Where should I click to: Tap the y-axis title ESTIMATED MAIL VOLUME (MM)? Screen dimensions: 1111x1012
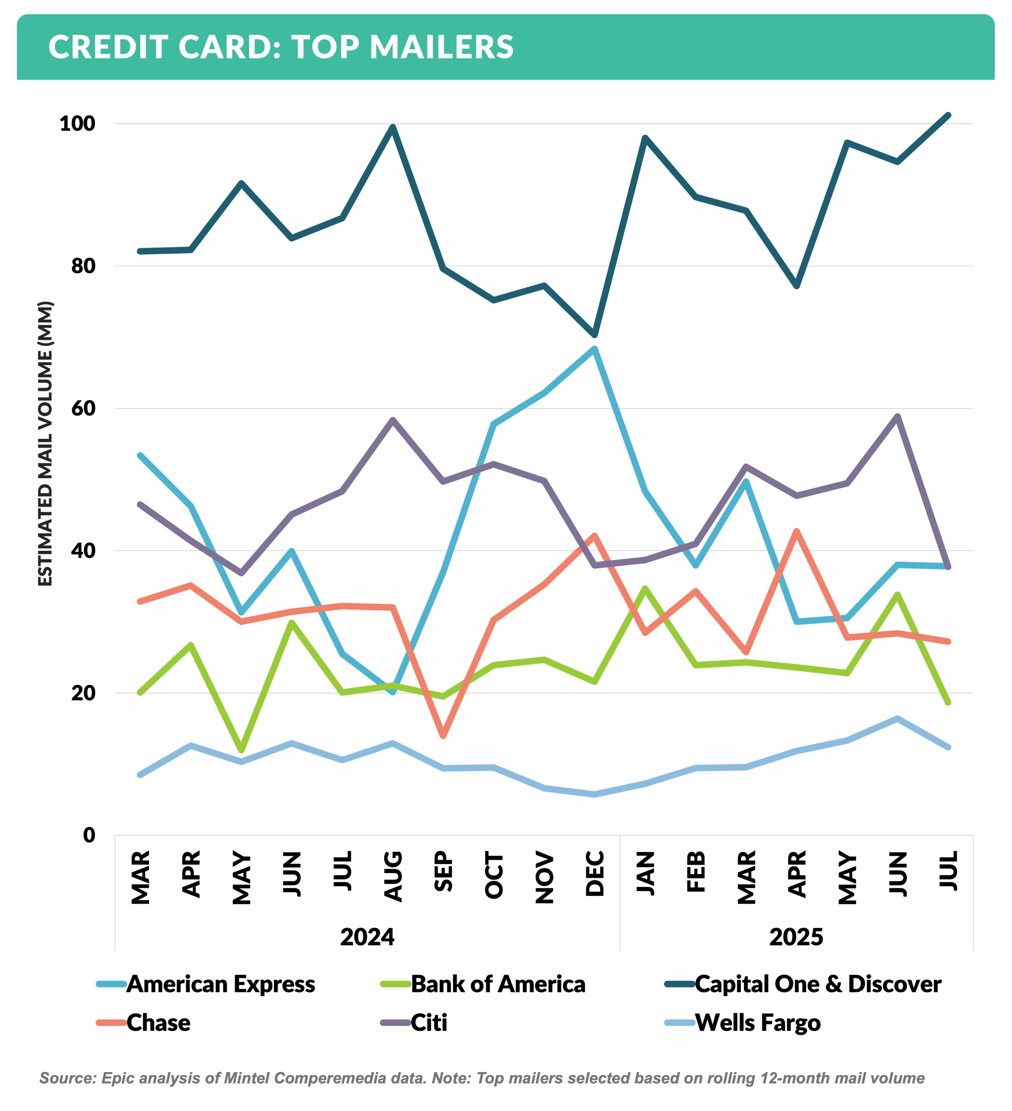click(x=45, y=444)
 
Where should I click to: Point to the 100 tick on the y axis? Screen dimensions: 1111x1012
click(x=77, y=123)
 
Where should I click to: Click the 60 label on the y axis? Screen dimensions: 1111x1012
click(x=83, y=408)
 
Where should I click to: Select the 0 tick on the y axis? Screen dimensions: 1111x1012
click(x=89, y=835)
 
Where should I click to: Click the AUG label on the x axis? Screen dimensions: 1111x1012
click(x=393, y=877)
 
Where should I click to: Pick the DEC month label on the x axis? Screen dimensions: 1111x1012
click(x=595, y=874)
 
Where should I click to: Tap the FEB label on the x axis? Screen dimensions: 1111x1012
click(x=696, y=872)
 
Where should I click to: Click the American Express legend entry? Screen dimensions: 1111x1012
click(x=221, y=984)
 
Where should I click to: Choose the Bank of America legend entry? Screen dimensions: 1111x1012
click(x=498, y=984)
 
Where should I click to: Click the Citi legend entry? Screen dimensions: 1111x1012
click(x=429, y=1023)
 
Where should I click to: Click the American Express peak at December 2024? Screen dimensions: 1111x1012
click(x=594, y=348)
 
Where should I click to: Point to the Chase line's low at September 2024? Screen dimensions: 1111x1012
click(x=443, y=736)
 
